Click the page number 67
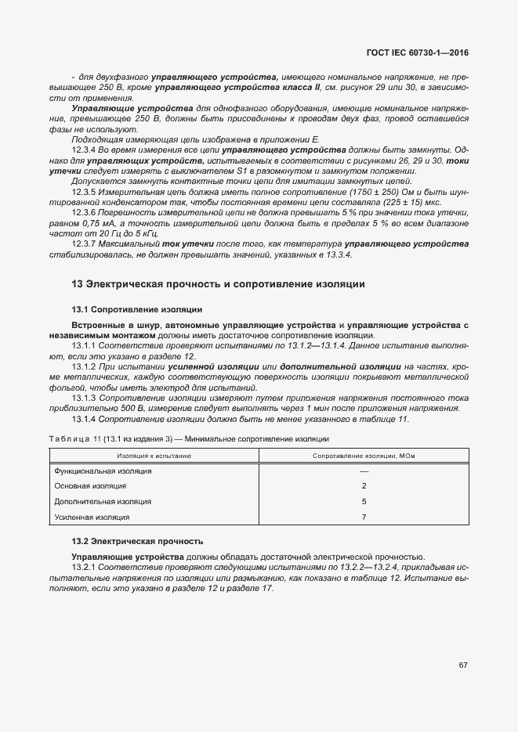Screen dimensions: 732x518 pyautogui.click(x=463, y=665)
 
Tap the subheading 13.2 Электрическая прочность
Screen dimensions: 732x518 pyautogui.click(x=137, y=541)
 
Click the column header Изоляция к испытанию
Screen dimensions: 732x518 pyautogui.click(x=154, y=455)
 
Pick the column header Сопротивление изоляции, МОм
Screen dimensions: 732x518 pyautogui.click(x=364, y=455)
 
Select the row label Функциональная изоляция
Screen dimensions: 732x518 pyautogui.click(x=103, y=471)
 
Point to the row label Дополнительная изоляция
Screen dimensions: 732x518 pyautogui.click(x=103, y=501)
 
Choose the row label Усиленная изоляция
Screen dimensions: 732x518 pyautogui.click(x=92, y=517)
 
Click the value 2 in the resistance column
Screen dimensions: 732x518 pyautogui.click(x=364, y=486)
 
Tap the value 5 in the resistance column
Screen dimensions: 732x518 pyautogui.click(x=364, y=501)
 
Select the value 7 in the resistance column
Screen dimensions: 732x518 pyautogui.click(x=364, y=517)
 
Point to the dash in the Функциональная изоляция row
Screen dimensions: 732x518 pyautogui.click(x=364, y=471)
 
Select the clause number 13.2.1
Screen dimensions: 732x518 pyautogui.click(x=83, y=567)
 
